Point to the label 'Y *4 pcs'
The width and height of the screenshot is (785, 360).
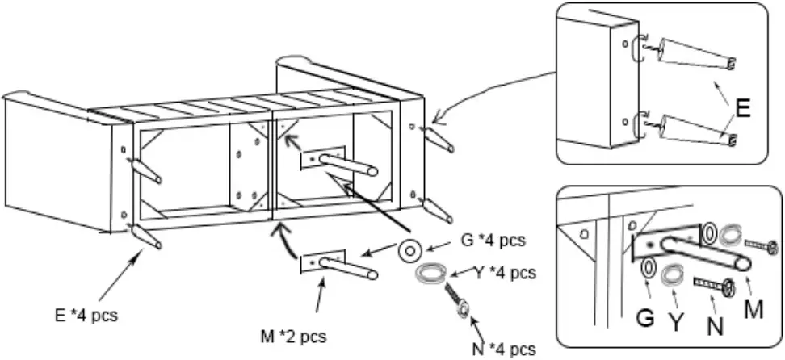coord(503,273)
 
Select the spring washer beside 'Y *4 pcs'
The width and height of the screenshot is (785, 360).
coord(430,274)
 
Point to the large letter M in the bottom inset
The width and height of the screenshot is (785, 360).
coord(752,309)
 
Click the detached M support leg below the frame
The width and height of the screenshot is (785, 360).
coord(339,264)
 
